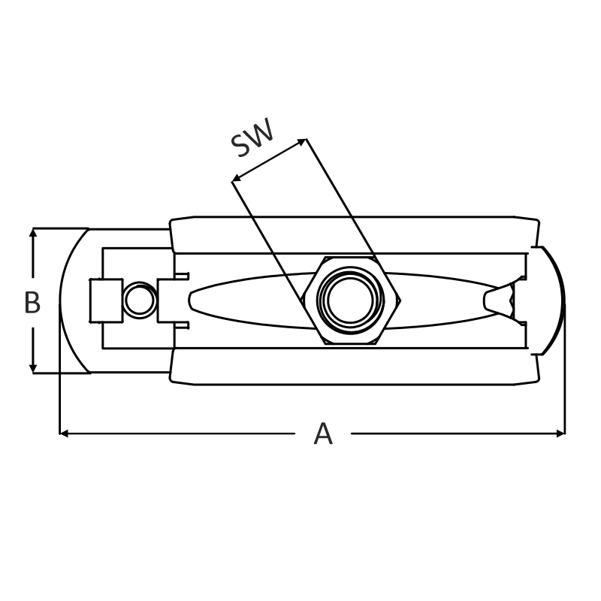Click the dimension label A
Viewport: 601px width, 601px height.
[323, 433]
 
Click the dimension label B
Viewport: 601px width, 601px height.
[32, 302]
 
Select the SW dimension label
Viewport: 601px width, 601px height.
[253, 137]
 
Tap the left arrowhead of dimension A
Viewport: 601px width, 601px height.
[64, 433]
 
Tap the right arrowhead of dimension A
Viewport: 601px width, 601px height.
[560, 433]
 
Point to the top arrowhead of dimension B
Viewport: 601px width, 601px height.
[33, 232]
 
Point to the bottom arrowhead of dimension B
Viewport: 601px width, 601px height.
[33, 368]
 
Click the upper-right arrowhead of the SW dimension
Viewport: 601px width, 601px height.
[302, 141]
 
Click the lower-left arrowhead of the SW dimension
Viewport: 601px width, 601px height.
[237, 177]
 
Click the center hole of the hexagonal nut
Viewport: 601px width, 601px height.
[350, 300]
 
